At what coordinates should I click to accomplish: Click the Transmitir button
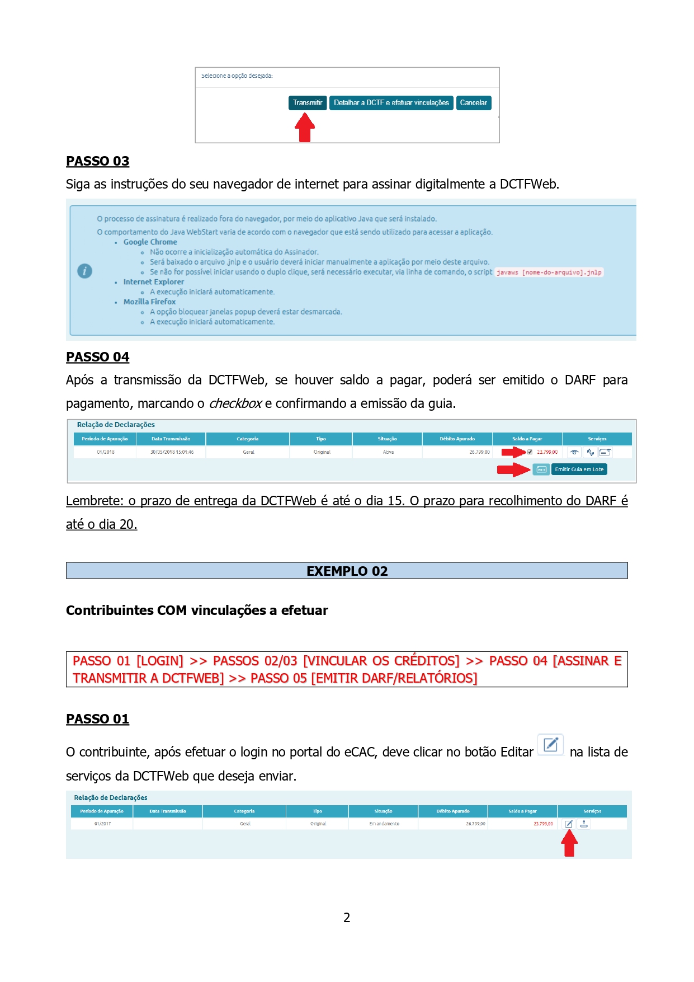(308, 103)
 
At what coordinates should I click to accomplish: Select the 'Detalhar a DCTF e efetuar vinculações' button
(391, 103)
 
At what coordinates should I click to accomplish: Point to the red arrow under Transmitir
(305, 128)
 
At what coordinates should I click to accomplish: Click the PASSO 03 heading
(97, 161)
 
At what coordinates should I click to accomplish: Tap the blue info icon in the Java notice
(84, 271)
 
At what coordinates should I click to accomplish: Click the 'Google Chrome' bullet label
(150, 242)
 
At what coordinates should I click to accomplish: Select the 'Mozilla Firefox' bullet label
(149, 302)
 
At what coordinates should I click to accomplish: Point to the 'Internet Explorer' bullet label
(153, 282)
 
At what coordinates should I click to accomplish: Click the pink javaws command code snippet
(549, 272)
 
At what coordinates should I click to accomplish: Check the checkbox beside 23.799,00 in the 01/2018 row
(530, 452)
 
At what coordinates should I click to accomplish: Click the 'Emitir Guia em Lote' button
(579, 469)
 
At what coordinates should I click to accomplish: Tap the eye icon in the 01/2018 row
(574, 452)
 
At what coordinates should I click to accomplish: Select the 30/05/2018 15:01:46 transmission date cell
(172, 452)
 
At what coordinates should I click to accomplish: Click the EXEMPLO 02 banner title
(347, 571)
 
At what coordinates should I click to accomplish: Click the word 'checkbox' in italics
(235, 403)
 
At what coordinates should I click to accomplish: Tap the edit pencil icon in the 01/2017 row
(569, 824)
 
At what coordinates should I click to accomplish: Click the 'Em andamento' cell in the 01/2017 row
(384, 824)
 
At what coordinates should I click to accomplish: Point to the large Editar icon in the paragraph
(551, 745)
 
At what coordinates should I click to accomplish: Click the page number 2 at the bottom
(347, 918)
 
